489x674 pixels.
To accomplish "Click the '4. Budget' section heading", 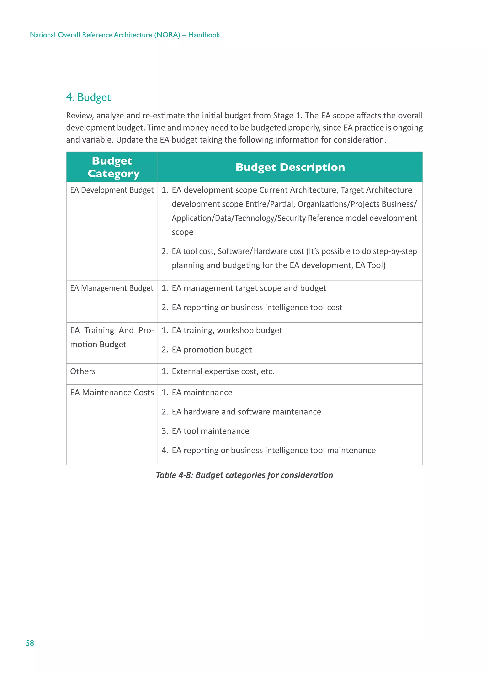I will (88, 97).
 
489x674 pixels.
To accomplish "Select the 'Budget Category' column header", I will (113, 167).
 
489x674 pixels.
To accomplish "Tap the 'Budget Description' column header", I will (290, 167).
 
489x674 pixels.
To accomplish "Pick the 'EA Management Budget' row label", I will (112, 288).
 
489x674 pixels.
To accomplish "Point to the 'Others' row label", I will (83, 371).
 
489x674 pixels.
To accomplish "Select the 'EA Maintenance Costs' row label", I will (112, 392).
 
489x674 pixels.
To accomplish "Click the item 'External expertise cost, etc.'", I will (223, 371).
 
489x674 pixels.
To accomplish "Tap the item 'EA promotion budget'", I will (212, 350).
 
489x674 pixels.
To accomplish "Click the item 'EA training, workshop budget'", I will (227, 330).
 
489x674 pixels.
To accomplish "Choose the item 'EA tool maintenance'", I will (210, 431).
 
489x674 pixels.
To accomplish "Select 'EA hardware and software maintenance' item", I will (246, 412).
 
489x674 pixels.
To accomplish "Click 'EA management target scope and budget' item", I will (249, 288).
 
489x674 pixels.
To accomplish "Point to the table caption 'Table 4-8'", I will (244, 475).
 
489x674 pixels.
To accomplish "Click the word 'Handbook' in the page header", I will (204, 35).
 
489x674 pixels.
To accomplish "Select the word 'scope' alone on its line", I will (182, 232).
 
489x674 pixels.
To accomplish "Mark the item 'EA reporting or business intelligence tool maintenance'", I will (273, 450).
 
